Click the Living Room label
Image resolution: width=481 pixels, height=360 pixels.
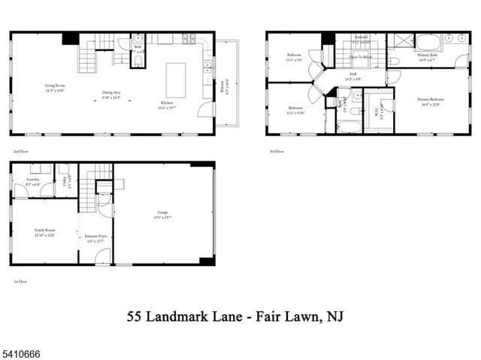coord(54,88)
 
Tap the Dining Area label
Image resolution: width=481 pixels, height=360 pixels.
coord(113,95)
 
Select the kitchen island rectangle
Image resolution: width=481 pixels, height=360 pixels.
coord(177,80)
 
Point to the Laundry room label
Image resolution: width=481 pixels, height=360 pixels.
coord(32,182)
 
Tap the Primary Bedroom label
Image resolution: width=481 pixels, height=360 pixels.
coord(431,102)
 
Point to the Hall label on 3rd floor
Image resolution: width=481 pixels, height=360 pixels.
coord(352,76)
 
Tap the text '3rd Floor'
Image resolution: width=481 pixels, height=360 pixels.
coord(277,151)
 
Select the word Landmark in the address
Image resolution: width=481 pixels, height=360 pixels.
coord(189,318)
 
